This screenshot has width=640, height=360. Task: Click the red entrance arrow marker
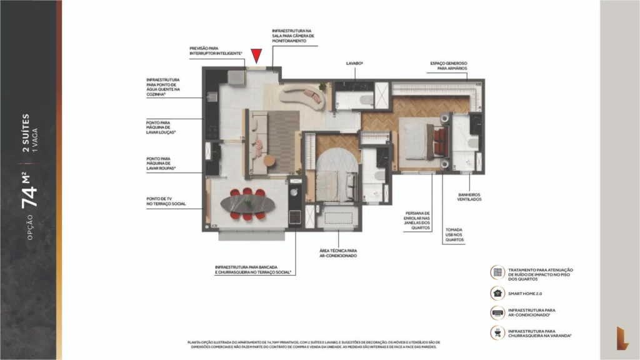256,57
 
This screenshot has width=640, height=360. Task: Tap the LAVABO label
355,64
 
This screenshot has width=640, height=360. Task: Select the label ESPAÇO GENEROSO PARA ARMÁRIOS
448,66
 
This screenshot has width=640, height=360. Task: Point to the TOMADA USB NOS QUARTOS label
454,234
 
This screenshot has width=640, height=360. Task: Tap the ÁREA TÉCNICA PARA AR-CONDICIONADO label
337,253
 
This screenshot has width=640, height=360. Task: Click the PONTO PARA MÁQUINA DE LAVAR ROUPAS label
161,164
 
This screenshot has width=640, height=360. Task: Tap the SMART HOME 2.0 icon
498,292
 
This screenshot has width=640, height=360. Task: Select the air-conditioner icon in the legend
498,312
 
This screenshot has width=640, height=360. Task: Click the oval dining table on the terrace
248,204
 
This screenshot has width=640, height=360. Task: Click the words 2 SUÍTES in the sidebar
26,132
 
